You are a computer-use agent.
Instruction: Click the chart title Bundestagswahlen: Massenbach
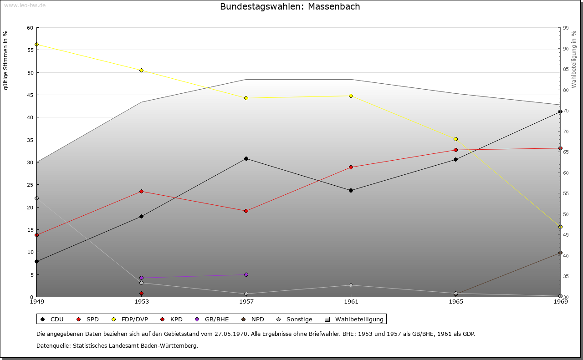click(x=290, y=7)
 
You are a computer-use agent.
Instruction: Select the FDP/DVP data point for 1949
click(x=36, y=45)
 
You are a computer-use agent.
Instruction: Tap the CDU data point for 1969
click(x=560, y=112)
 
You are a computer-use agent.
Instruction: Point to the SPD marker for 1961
click(x=351, y=167)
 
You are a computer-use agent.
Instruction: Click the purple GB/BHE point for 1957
click(x=246, y=274)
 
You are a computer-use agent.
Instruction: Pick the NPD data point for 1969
click(x=560, y=253)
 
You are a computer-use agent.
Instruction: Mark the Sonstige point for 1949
click(x=36, y=198)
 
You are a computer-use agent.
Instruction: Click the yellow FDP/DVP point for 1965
click(x=455, y=139)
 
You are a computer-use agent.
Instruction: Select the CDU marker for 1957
click(x=246, y=158)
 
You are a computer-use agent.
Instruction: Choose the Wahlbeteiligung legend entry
click(x=355, y=319)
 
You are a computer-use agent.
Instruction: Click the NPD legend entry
click(x=253, y=319)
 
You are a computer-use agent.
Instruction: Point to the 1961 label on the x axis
click(x=351, y=302)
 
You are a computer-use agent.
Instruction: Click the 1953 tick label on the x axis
click(x=141, y=302)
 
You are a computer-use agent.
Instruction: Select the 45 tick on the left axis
click(x=30, y=95)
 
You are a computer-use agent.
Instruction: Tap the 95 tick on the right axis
click(x=566, y=28)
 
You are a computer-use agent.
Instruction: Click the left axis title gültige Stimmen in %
click(x=5, y=60)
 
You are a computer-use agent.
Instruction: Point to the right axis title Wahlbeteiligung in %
click(x=574, y=60)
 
